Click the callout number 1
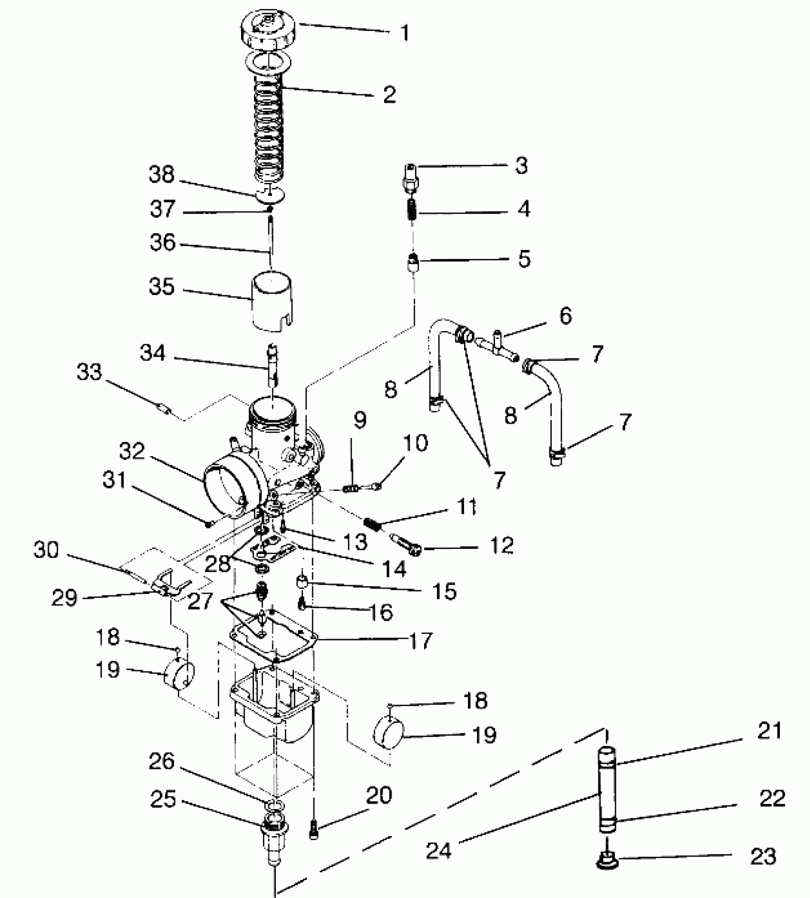tap(405, 33)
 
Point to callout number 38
tap(162, 175)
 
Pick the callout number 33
tap(90, 372)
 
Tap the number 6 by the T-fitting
tap(565, 316)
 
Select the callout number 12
tap(501, 545)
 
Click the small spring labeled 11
tap(373, 524)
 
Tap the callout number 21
tap(770, 731)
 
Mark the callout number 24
tap(439, 850)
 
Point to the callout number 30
tap(46, 550)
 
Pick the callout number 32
tap(132, 451)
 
